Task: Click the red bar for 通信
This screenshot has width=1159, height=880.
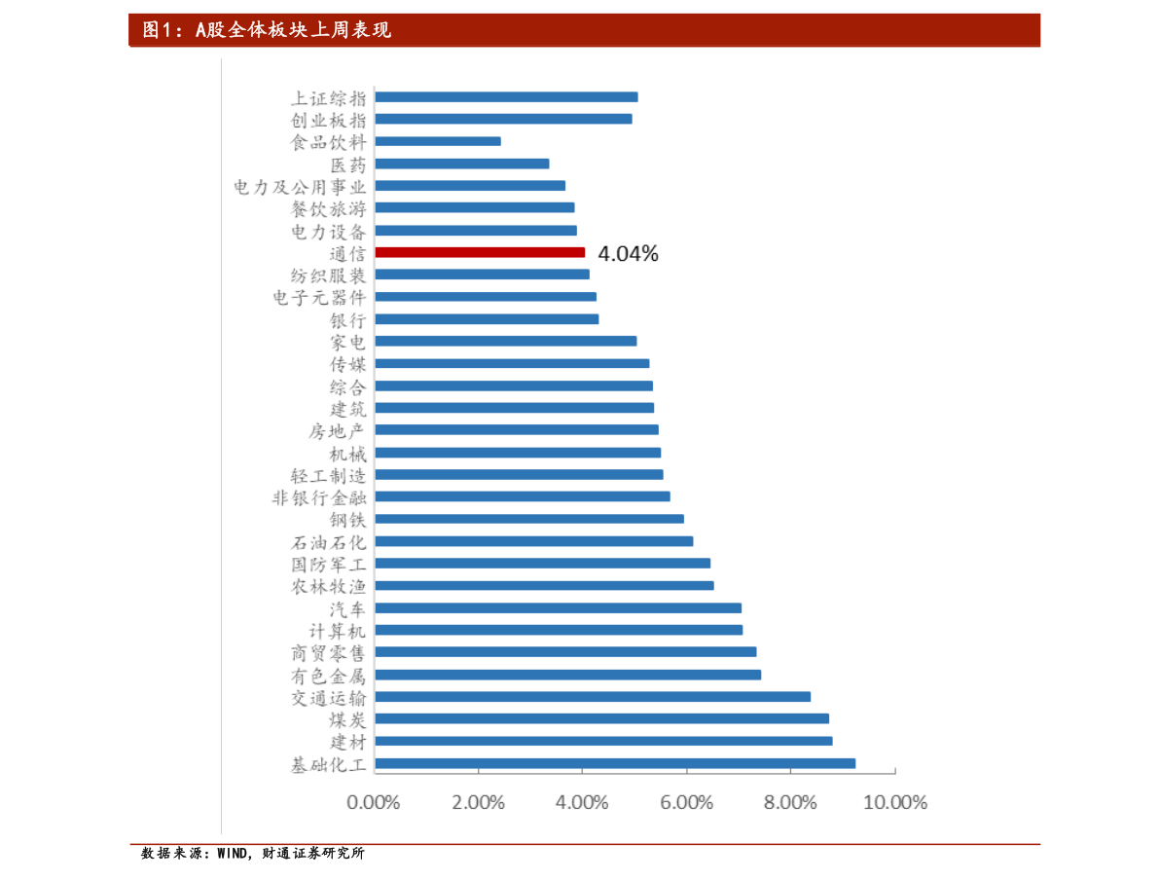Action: click(x=480, y=252)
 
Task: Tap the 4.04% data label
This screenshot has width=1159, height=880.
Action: click(x=628, y=254)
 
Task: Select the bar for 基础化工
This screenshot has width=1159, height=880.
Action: click(x=615, y=764)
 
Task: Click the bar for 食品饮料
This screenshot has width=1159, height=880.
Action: click(x=438, y=141)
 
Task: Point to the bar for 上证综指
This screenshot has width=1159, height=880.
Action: click(x=506, y=96)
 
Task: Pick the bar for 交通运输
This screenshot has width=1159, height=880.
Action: click(x=593, y=697)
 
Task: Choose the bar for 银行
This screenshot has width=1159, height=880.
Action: click(x=487, y=319)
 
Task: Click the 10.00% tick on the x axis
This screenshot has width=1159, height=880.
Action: click(x=894, y=803)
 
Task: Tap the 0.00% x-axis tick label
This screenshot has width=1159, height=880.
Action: click(x=374, y=803)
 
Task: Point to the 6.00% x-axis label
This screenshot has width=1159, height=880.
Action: click(x=686, y=803)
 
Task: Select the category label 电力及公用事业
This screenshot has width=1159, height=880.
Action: click(x=301, y=186)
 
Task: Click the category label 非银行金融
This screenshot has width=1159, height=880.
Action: click(x=319, y=497)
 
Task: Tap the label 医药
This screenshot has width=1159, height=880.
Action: click(x=348, y=164)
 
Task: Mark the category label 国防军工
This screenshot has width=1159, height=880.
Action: click(x=329, y=564)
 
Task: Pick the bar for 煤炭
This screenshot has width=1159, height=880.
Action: click(x=601, y=718)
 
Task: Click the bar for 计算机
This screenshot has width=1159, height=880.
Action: click(x=559, y=630)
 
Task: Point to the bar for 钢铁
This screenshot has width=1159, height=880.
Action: click(x=529, y=519)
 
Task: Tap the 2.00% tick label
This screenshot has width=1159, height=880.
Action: click(x=478, y=803)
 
